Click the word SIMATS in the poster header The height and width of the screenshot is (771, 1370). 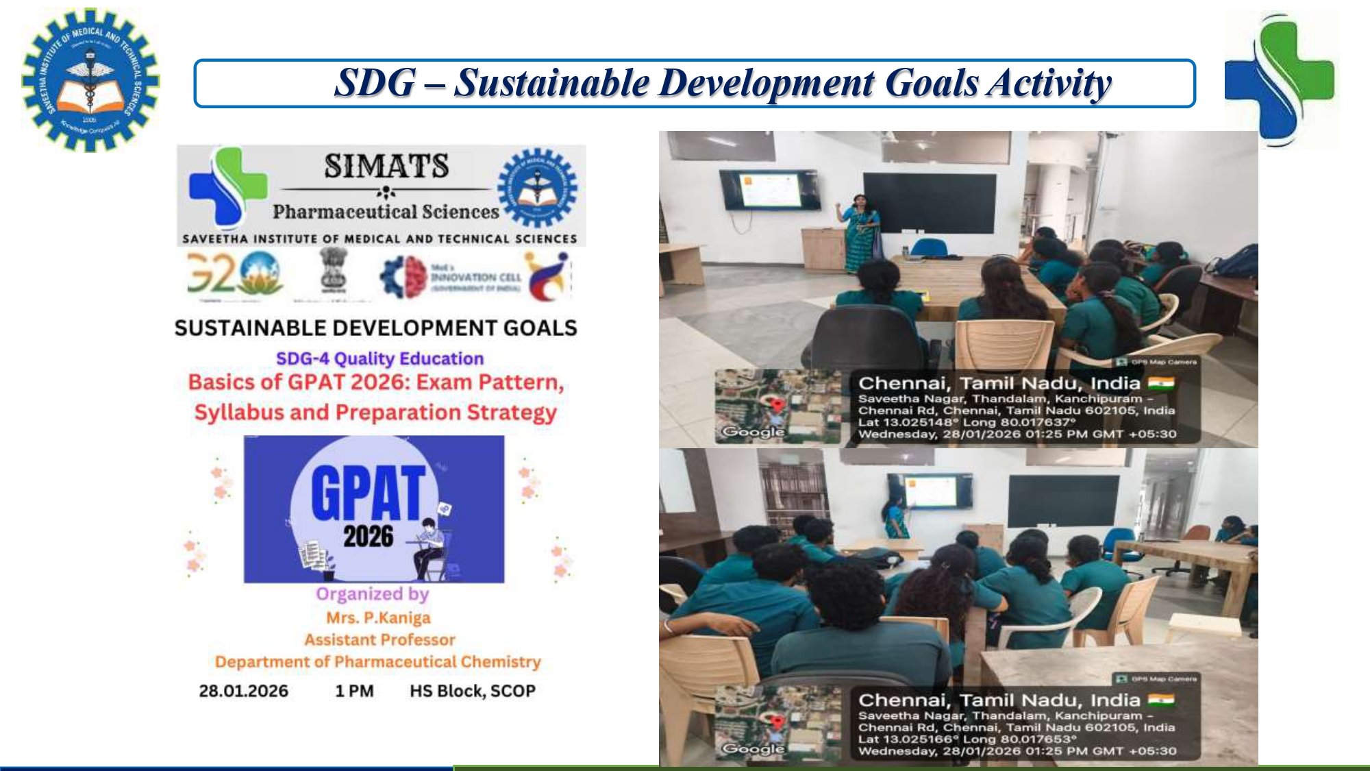(386, 167)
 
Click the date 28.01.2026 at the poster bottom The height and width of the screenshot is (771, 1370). (243, 691)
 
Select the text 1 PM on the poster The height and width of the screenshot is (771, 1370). (354, 691)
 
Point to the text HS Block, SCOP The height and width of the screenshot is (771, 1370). (473, 691)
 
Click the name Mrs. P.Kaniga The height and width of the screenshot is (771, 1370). (378, 617)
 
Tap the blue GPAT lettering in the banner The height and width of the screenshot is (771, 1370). (368, 493)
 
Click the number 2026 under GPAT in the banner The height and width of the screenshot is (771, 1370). (369, 536)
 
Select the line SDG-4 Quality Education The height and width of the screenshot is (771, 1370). (379, 358)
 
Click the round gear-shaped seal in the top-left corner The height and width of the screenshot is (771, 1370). (90, 79)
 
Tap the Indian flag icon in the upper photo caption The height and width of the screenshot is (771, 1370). (1161, 383)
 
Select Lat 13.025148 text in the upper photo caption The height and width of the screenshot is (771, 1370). (908, 422)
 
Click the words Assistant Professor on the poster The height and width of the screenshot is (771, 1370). (379, 639)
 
